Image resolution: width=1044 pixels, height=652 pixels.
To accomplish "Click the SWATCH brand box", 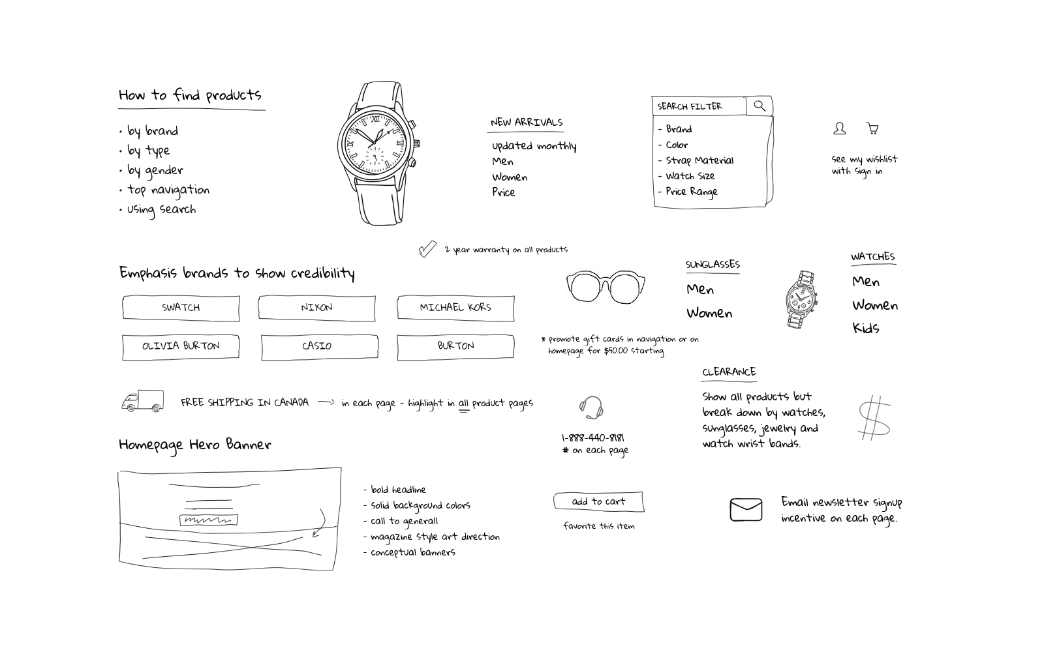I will pos(181,308).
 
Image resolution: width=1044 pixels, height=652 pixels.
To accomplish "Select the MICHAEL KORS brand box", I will pos(455,308).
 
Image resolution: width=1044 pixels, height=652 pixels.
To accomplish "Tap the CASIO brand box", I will pos(319,346).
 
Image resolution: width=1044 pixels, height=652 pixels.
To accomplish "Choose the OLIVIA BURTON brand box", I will pos(181,346).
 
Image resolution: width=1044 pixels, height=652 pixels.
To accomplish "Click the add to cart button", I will pos(598,501).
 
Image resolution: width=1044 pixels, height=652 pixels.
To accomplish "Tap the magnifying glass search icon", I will pos(760,106).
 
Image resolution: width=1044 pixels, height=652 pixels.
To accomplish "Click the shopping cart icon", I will pos(872,128).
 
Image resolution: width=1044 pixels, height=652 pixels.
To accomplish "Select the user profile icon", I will pos(840,128).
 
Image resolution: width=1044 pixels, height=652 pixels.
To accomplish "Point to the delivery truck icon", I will pos(142,401).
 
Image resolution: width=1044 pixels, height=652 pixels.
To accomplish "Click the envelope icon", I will pos(746,509).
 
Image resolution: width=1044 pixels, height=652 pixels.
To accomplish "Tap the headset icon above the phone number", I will pos(591,407).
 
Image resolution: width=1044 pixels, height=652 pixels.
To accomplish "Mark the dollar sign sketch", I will pos(874,417).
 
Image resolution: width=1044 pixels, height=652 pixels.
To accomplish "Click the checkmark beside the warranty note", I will pos(427,249).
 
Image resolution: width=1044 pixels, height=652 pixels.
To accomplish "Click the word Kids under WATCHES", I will pos(866,328).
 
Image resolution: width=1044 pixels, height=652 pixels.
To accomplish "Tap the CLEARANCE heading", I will pos(729,372).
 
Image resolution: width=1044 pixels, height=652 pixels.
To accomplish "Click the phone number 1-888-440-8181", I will pos(592,437).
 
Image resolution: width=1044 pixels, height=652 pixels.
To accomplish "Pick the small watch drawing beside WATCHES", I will pos(801,299).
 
